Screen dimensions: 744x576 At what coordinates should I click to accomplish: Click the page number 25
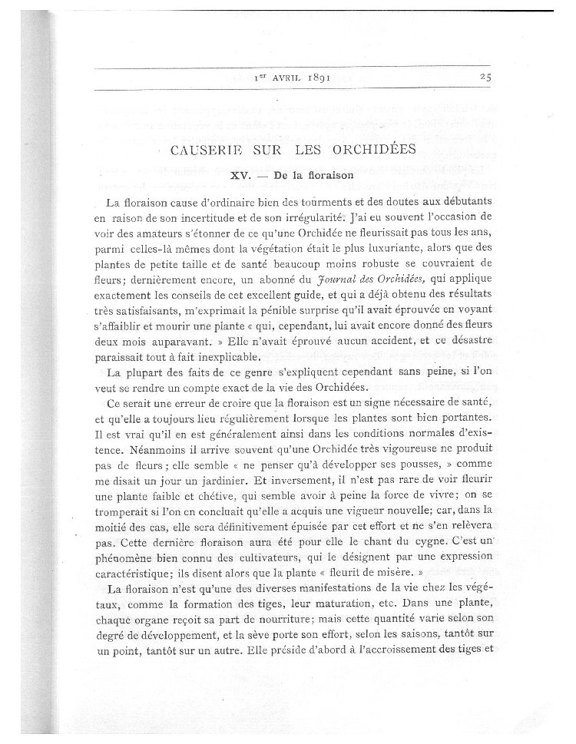pyautogui.click(x=485, y=76)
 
